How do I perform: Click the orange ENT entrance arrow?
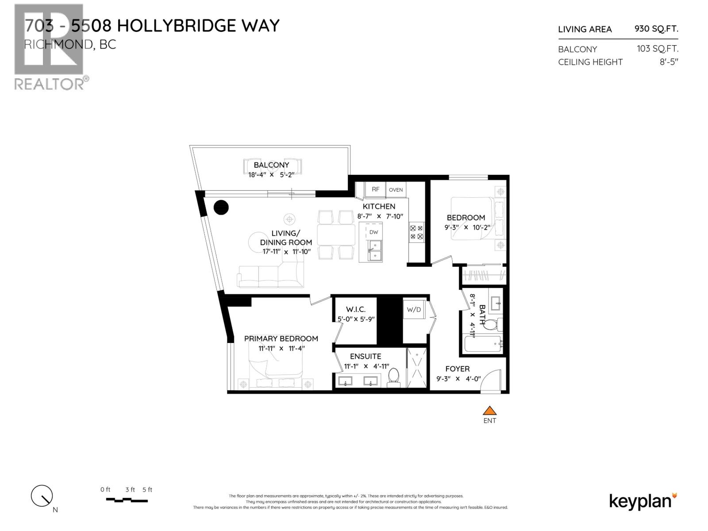[x=489, y=410]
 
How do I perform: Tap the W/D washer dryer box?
[x=414, y=310]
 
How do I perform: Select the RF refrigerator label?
[x=375, y=189]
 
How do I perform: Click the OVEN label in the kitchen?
[x=396, y=190]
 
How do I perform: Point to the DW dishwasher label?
[x=373, y=232]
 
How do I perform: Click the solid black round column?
[x=221, y=207]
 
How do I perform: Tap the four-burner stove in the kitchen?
[x=416, y=232]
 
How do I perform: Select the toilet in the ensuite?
[x=393, y=377]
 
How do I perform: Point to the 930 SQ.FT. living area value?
[x=656, y=29]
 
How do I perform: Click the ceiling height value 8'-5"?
[x=669, y=62]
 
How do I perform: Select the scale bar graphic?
[x=127, y=500]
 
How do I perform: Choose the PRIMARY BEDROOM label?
[x=281, y=339]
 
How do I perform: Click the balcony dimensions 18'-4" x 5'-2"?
[x=271, y=175]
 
